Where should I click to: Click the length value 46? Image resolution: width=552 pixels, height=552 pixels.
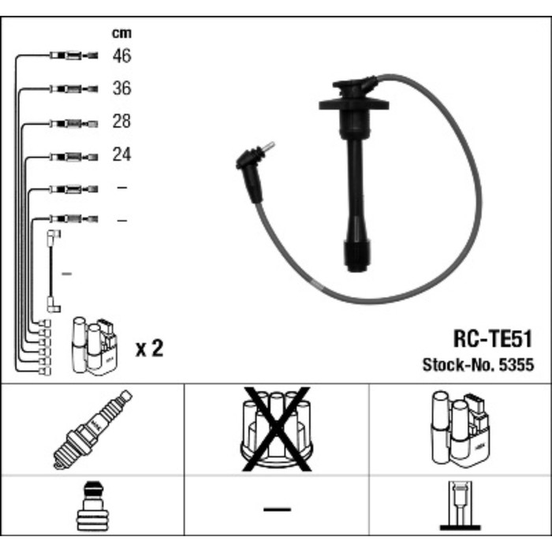[x=121, y=56]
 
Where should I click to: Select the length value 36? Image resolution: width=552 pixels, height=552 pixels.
[x=121, y=89]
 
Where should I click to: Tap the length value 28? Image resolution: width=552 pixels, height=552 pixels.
[x=121, y=122]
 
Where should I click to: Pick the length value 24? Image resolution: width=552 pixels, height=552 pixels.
[x=121, y=155]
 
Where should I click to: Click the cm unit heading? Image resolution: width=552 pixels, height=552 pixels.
[x=121, y=33]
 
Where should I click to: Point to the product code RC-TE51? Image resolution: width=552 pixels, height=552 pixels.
[x=493, y=340]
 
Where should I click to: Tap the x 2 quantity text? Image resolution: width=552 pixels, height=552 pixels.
[x=149, y=348]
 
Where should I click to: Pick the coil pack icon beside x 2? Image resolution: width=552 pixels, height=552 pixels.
[x=95, y=346]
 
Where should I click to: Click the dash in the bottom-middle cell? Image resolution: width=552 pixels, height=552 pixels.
[x=277, y=509]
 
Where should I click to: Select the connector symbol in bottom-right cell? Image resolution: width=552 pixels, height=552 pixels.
[x=460, y=506]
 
